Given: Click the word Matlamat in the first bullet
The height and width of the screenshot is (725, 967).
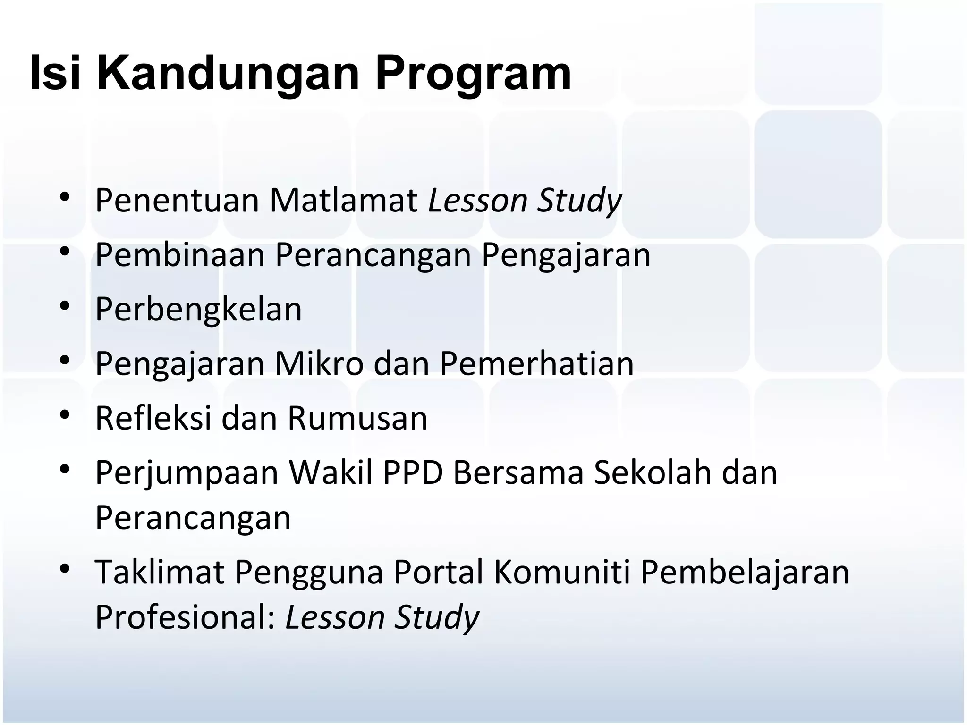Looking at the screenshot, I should tap(343, 201).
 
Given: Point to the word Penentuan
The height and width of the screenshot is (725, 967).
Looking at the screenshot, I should tap(178, 201).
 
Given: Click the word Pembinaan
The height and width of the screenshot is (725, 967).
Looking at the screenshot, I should tap(180, 255).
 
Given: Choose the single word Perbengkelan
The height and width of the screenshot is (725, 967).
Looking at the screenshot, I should tap(198, 310).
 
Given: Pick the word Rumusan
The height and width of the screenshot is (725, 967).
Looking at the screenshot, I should tap(357, 419).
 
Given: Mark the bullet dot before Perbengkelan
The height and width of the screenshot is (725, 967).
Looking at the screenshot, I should tap(65, 306).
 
